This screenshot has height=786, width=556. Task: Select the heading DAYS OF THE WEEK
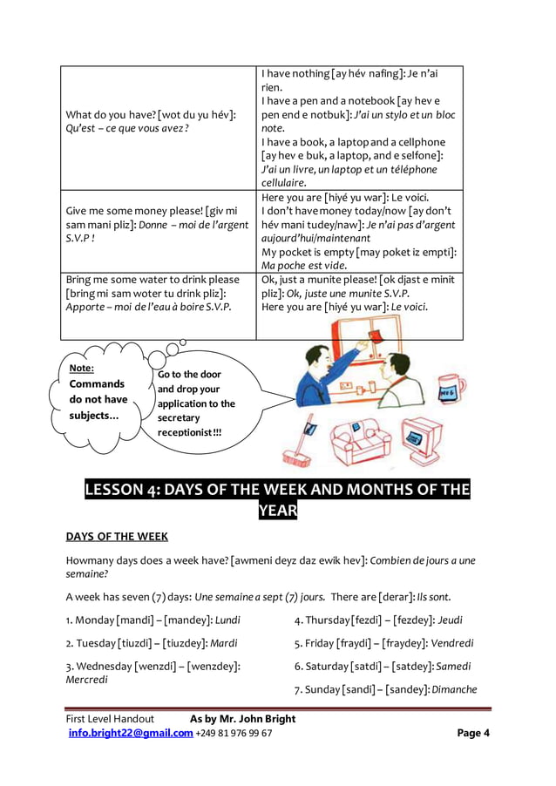tap(117, 536)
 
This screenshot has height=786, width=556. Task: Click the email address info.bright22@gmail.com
tap(131, 733)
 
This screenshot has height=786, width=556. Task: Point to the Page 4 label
tap(473, 733)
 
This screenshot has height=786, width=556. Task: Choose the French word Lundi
tap(227, 620)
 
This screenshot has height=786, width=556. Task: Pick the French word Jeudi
tap(450, 620)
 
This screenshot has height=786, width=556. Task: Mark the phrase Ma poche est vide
tap(304, 265)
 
